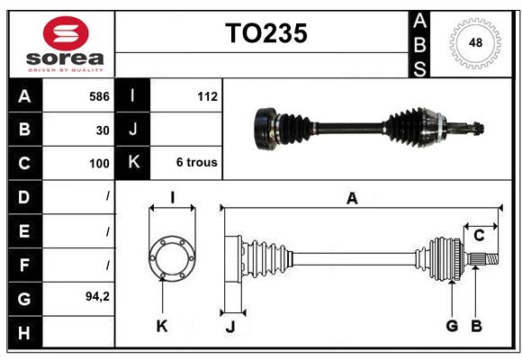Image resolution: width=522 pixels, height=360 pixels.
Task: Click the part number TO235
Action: click(x=266, y=33)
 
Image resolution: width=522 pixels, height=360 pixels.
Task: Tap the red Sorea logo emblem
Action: click(x=66, y=33)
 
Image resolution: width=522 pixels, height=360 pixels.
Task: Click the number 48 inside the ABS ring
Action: click(x=475, y=42)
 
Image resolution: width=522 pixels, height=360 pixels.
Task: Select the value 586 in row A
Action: click(x=99, y=96)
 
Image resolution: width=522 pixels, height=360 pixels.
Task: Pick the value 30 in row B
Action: click(x=103, y=130)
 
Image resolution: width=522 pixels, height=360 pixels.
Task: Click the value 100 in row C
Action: click(x=99, y=164)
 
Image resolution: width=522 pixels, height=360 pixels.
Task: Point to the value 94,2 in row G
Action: click(x=97, y=296)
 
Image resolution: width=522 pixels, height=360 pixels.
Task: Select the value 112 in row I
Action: click(x=207, y=96)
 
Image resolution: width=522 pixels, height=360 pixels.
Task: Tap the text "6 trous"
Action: click(x=197, y=162)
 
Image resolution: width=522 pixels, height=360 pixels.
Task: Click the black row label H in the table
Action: click(x=24, y=333)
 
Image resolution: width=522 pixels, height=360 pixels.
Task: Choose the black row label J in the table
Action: click(x=132, y=129)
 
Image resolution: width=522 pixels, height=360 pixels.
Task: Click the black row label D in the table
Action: click(x=24, y=197)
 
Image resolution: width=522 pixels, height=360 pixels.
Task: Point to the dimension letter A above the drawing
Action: click(x=352, y=199)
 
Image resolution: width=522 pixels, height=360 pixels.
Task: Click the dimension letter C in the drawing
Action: click(x=479, y=236)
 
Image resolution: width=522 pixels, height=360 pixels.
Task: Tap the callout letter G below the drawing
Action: click(x=452, y=326)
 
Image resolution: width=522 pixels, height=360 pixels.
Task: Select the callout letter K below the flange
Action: click(x=162, y=326)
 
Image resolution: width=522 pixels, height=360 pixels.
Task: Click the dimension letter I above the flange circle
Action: click(x=173, y=198)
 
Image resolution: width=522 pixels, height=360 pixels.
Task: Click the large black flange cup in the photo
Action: click(x=265, y=130)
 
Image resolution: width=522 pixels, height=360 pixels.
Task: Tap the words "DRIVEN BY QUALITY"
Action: click(x=66, y=70)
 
